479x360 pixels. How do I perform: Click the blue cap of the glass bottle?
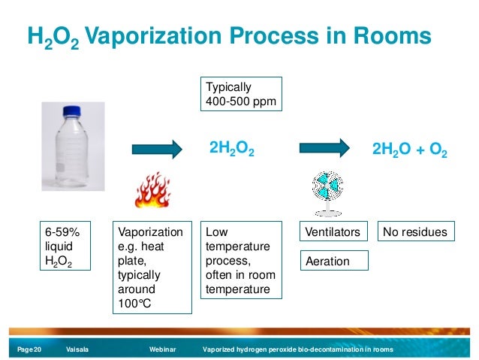[71, 110]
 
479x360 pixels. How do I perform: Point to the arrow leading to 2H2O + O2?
[325, 149]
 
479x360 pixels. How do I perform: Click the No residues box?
[415, 232]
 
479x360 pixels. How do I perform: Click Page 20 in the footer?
[30, 350]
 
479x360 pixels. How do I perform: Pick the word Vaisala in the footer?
[78, 350]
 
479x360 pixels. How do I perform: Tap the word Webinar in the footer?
[162, 350]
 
